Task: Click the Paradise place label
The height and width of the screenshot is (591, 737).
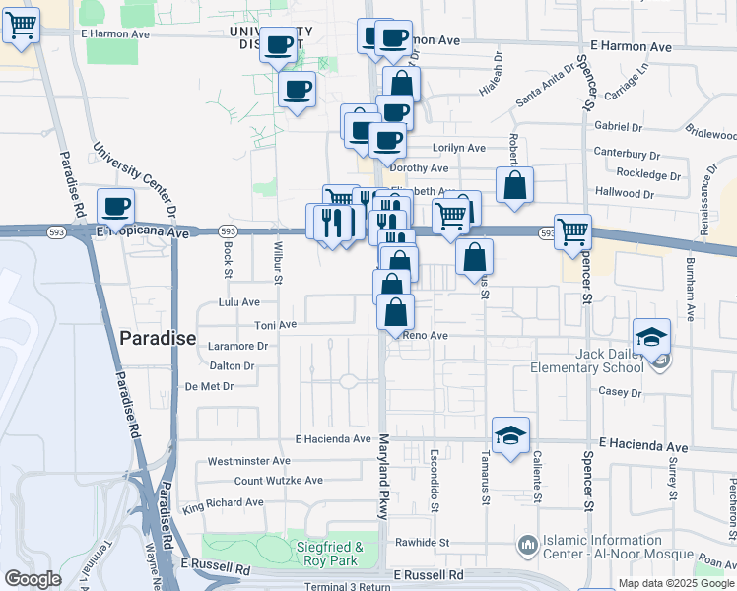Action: click(158, 338)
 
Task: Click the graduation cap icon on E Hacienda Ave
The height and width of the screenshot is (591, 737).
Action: click(510, 435)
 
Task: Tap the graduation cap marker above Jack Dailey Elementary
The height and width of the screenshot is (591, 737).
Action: click(651, 337)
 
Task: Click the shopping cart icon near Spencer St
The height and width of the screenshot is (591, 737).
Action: click(572, 232)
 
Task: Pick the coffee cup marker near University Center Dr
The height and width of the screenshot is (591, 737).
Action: click(116, 207)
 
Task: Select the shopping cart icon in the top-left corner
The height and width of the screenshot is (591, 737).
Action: click(22, 27)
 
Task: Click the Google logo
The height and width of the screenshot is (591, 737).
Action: click(33, 579)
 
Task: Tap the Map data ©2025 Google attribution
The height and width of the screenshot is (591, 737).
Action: click(676, 583)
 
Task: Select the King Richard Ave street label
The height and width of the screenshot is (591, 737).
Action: click(224, 502)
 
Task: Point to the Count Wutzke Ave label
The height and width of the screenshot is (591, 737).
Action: click(279, 481)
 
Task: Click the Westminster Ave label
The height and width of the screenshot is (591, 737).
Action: click(248, 460)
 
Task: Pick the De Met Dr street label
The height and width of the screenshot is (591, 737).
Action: click(209, 386)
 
